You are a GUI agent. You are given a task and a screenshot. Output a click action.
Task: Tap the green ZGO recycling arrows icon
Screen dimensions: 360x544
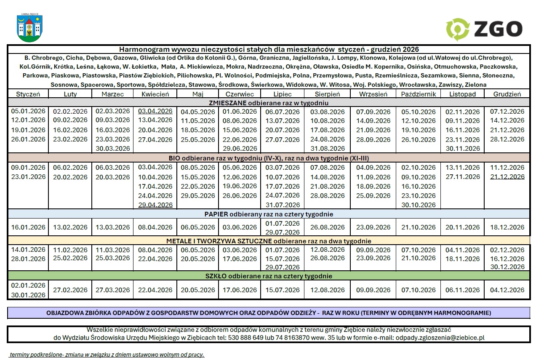click(457, 29)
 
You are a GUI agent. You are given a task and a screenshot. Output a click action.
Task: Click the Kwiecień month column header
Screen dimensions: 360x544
click(155, 94)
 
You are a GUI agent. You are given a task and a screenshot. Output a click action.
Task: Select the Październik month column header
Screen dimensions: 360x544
click(418, 94)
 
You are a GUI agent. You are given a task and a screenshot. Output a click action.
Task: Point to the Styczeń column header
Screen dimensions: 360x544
click(28, 94)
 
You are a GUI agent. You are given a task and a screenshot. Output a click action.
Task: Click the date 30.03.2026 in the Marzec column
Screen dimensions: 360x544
click(112, 148)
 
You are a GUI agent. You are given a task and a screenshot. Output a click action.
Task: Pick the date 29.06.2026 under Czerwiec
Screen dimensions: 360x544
click(240, 148)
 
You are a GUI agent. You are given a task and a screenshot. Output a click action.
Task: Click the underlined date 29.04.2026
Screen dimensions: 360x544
click(155, 205)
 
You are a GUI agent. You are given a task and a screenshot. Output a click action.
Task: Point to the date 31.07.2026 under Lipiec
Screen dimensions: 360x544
click(283, 205)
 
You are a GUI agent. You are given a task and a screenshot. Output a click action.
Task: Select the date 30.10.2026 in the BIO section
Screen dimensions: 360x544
click(418, 205)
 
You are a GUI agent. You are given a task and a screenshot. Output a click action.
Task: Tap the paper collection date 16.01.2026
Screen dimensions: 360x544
click(28, 227)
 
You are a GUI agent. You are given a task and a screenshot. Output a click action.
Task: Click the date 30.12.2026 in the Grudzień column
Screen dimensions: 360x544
click(507, 267)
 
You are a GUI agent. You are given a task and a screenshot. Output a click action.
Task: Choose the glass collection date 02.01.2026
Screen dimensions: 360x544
click(28, 285)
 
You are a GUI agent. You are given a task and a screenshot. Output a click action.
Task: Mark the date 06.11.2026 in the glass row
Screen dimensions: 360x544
click(462, 290)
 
